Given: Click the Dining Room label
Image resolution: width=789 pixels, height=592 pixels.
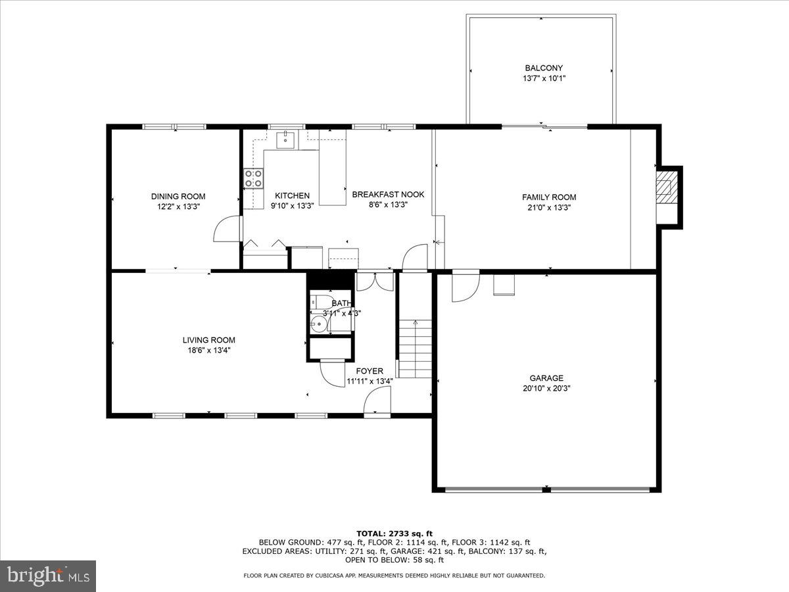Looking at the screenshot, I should (178, 196).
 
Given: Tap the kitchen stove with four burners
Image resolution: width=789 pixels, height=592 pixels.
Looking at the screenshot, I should (254, 178).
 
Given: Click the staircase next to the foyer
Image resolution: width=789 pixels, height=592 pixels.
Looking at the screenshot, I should (415, 349).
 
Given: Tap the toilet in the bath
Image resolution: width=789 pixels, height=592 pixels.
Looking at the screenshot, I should (321, 303).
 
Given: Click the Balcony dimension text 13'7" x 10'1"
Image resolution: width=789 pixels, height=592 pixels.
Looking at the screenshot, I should (544, 78).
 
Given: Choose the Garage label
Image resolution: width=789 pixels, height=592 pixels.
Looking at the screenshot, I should (546, 378).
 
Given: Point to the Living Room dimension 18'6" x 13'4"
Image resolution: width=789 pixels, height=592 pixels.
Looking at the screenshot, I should (208, 350).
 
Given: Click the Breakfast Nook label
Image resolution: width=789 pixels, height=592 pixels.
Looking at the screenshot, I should (388, 195).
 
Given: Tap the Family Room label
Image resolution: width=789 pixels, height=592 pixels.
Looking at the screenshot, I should (549, 197).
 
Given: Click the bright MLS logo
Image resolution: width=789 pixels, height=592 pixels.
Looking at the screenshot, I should (48, 576).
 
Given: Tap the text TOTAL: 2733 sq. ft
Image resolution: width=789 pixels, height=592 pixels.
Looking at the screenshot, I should (394, 533).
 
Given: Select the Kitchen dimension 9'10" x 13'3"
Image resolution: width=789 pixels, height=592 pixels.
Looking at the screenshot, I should (292, 205).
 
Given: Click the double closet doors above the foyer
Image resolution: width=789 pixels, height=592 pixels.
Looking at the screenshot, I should (375, 282).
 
